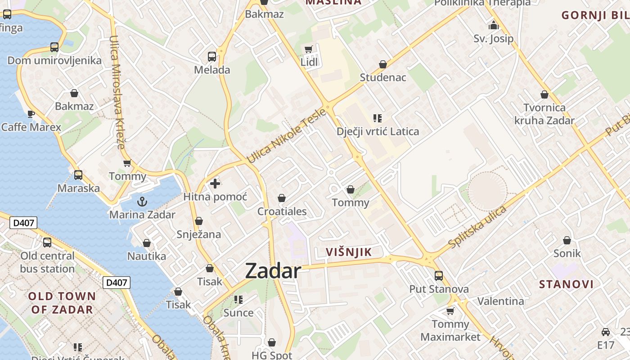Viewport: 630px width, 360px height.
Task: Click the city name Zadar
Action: (273, 271)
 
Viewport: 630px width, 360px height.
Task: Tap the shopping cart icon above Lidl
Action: (308, 49)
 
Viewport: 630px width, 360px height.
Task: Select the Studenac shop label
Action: (383, 77)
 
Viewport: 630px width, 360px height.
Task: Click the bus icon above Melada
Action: (212, 57)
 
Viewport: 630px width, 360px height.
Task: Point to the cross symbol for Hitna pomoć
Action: (215, 183)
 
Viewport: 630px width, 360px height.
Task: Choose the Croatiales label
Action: (282, 211)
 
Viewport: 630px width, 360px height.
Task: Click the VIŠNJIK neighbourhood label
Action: (349, 252)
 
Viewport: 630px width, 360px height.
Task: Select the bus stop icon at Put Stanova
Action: (439, 275)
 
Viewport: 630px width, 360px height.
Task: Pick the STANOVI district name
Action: (566, 284)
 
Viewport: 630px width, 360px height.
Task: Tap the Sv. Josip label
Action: (493, 39)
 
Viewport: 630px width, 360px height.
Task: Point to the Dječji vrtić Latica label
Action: (378, 132)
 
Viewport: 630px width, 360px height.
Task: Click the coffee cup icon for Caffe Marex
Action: (31, 114)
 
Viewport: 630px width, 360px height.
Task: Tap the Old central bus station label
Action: (47, 262)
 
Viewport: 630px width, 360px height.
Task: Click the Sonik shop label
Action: (567, 253)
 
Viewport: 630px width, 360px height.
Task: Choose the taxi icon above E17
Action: (606, 332)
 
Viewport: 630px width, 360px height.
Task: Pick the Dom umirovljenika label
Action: (54, 61)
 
